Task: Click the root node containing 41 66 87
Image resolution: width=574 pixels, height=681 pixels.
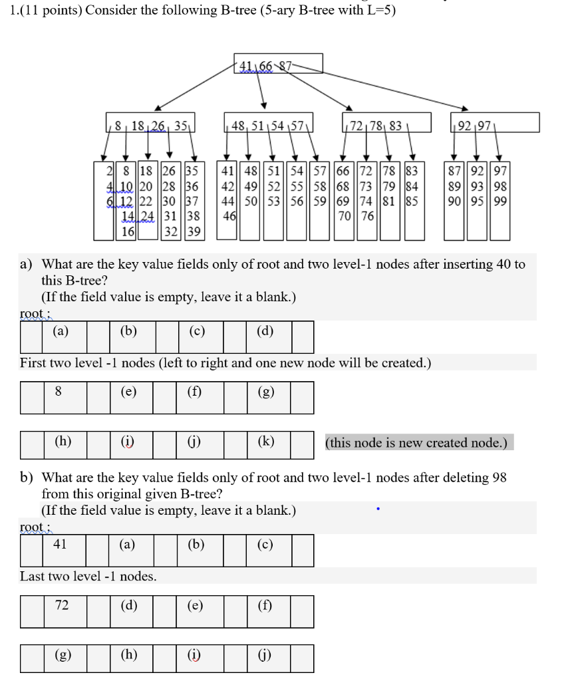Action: (x=278, y=64)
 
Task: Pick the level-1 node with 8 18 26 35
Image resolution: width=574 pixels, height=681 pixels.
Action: (x=149, y=124)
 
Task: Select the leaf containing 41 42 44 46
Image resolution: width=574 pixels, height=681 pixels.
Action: (x=228, y=200)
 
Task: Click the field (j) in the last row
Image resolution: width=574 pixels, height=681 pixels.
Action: (x=264, y=657)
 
